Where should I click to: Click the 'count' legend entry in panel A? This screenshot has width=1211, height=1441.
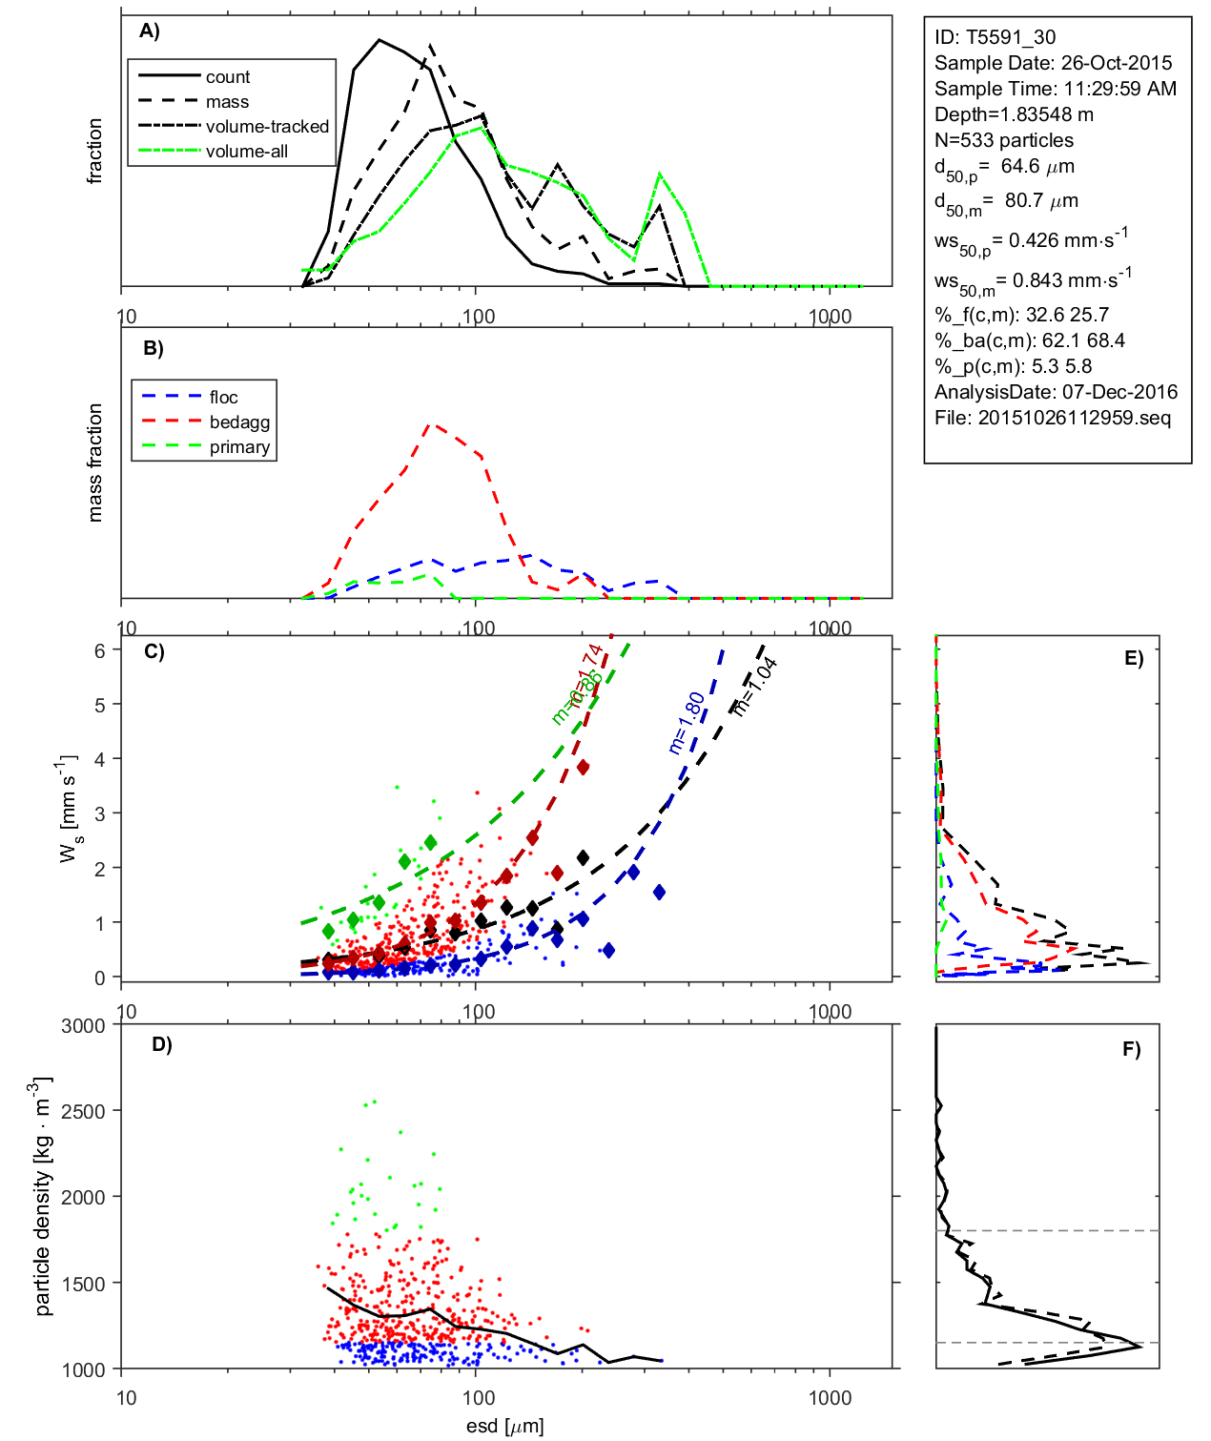pyautogui.click(x=227, y=77)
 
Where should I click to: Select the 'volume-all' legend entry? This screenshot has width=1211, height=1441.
pyautogui.click(x=246, y=152)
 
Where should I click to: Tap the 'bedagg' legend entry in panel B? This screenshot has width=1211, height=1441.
pyautogui.click(x=239, y=422)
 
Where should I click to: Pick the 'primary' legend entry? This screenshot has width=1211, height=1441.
pyautogui.click(x=239, y=447)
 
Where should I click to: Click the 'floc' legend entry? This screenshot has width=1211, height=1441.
pyautogui.click(x=223, y=398)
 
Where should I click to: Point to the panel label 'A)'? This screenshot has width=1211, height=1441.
pyautogui.click(x=150, y=31)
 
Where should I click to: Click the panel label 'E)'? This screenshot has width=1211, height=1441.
pyautogui.click(x=1133, y=658)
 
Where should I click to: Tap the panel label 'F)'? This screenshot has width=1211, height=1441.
pyautogui.click(x=1131, y=1049)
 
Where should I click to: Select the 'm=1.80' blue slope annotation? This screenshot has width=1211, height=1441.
pyautogui.click(x=687, y=723)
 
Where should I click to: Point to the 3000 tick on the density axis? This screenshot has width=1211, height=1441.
pyautogui.click(x=83, y=1026)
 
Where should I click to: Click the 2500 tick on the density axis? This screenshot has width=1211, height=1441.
pyautogui.click(x=83, y=1111)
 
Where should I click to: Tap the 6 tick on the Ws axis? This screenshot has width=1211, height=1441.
pyautogui.click(x=99, y=650)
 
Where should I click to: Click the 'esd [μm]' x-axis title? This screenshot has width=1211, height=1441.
pyautogui.click(x=504, y=1426)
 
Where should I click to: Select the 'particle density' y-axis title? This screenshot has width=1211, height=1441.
pyautogui.click(x=43, y=1198)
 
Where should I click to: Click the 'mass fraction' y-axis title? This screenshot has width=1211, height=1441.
pyautogui.click(x=94, y=463)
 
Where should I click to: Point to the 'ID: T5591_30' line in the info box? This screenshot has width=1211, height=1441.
pyautogui.click(x=995, y=37)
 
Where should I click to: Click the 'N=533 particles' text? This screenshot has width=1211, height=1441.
pyautogui.click(x=1003, y=140)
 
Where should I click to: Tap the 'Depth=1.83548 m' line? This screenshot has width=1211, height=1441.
pyautogui.click(x=1014, y=114)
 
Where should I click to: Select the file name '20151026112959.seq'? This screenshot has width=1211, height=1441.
pyautogui.click(x=1074, y=418)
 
